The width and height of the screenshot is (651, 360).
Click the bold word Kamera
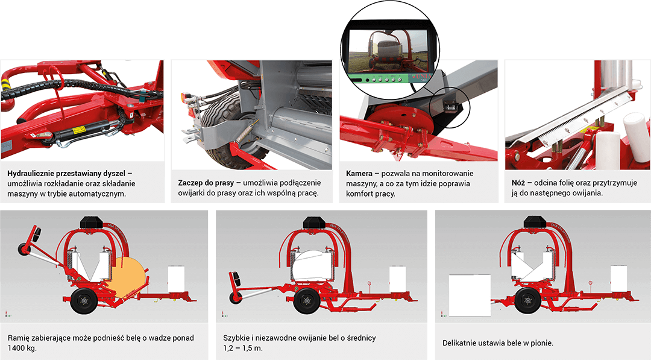(359, 173)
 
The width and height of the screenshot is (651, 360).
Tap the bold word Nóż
(518, 183)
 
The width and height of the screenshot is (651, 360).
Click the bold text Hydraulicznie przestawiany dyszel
(66, 174)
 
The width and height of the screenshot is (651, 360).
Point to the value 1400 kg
(22, 348)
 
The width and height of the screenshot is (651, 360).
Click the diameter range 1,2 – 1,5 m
(243, 348)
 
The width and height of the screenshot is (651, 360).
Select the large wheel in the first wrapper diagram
(84, 302)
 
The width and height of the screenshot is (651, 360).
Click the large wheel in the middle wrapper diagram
(307, 301)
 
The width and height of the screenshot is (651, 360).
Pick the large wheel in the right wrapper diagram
(527, 301)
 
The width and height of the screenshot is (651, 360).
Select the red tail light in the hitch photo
(183, 99)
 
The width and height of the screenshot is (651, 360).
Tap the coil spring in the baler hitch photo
(246, 133)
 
